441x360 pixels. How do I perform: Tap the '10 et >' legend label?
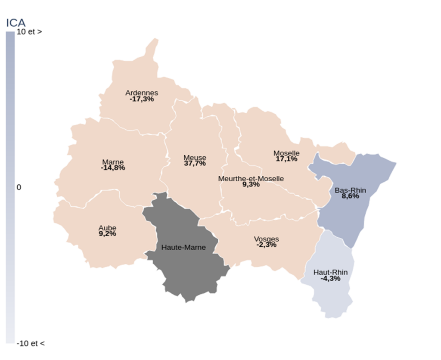click(29, 32)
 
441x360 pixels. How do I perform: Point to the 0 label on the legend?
click(19, 187)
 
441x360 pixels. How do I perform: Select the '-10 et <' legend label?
click(30, 343)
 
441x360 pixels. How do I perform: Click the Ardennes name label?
click(142, 93)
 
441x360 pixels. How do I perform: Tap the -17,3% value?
click(142, 99)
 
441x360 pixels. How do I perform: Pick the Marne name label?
click(113, 162)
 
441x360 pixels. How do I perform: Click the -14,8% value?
click(113, 168)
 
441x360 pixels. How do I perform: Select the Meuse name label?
click(195, 158)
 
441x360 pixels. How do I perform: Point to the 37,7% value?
click(195, 164)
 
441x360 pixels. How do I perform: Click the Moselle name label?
click(286, 153)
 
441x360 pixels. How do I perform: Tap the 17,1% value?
click(286, 159)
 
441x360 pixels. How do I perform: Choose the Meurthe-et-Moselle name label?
click(251, 179)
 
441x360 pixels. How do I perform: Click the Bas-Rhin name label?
click(347, 190)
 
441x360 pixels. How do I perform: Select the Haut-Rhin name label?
click(330, 272)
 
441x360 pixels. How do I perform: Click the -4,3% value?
click(330, 279)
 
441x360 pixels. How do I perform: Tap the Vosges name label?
click(266, 239)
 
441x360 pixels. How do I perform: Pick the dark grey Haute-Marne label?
click(183, 248)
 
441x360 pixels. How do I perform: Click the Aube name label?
click(107, 228)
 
